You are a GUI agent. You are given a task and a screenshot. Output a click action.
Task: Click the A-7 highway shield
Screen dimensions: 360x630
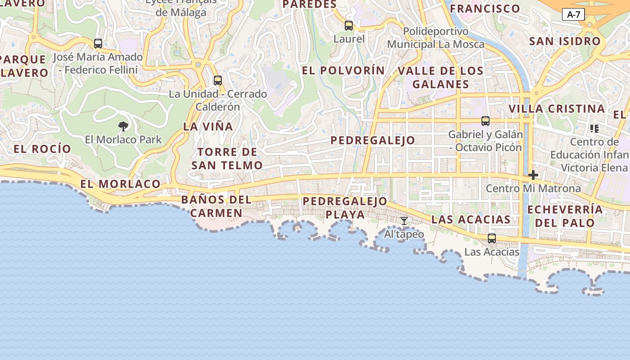[x=573, y=14]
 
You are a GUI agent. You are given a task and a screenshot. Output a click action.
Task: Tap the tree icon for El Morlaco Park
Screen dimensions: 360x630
[x=123, y=126]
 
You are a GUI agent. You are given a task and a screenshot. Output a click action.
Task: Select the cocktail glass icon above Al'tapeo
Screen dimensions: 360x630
[x=404, y=220]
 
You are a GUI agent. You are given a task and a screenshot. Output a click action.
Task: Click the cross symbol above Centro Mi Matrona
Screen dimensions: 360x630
[x=533, y=175]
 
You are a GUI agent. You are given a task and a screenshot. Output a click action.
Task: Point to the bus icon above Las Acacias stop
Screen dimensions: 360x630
[x=492, y=238]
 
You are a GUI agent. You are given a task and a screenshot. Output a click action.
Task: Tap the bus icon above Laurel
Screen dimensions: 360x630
[x=349, y=26]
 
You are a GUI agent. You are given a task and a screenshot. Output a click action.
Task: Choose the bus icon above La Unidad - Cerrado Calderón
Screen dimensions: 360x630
[x=218, y=81]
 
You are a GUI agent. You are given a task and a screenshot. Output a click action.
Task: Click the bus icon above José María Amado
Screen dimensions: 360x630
[x=98, y=44]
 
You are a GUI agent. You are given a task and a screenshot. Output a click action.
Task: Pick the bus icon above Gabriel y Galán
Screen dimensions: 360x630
[x=486, y=121]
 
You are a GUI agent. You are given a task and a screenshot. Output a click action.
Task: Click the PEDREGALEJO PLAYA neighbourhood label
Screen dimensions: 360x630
[x=345, y=207]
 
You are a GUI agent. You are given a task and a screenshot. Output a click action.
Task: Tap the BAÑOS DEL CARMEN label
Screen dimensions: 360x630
[x=216, y=206]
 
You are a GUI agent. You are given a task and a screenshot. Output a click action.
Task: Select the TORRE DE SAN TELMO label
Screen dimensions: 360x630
[x=227, y=158]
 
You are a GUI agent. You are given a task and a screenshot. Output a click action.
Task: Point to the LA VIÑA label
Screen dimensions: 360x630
[x=208, y=127]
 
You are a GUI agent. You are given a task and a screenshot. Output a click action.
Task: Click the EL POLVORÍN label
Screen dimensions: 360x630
[x=343, y=71]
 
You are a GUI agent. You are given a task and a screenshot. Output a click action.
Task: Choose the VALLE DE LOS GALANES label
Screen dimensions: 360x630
[x=441, y=77]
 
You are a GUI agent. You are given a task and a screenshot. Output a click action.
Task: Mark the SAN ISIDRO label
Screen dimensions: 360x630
[x=565, y=41]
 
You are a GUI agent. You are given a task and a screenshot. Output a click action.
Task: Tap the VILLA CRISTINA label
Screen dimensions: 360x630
[x=557, y=109]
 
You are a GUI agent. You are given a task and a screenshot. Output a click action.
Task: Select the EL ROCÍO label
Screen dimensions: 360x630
[x=42, y=149]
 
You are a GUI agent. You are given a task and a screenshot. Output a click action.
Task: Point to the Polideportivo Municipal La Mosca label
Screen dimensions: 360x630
[x=436, y=38]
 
